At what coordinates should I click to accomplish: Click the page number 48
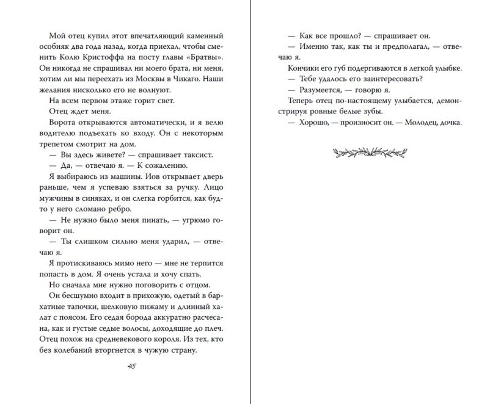pos(131,366)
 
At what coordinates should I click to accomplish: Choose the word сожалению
pos(174,167)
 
